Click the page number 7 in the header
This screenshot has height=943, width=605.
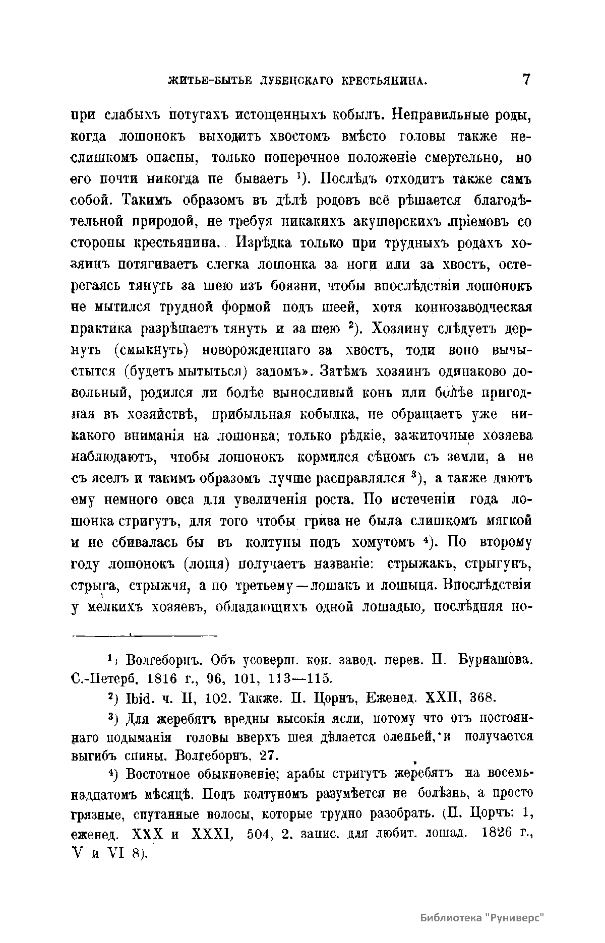point(526,80)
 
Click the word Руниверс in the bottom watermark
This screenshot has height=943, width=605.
point(517,916)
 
